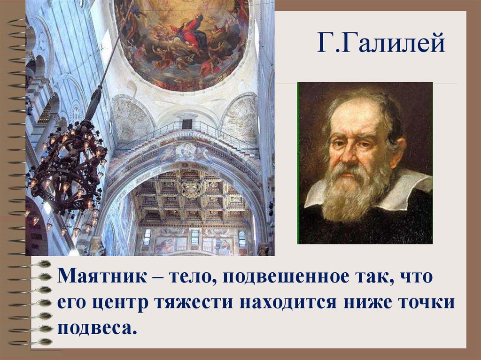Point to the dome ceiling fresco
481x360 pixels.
coord(183,40)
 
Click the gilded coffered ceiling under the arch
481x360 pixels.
coord(190,197)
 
